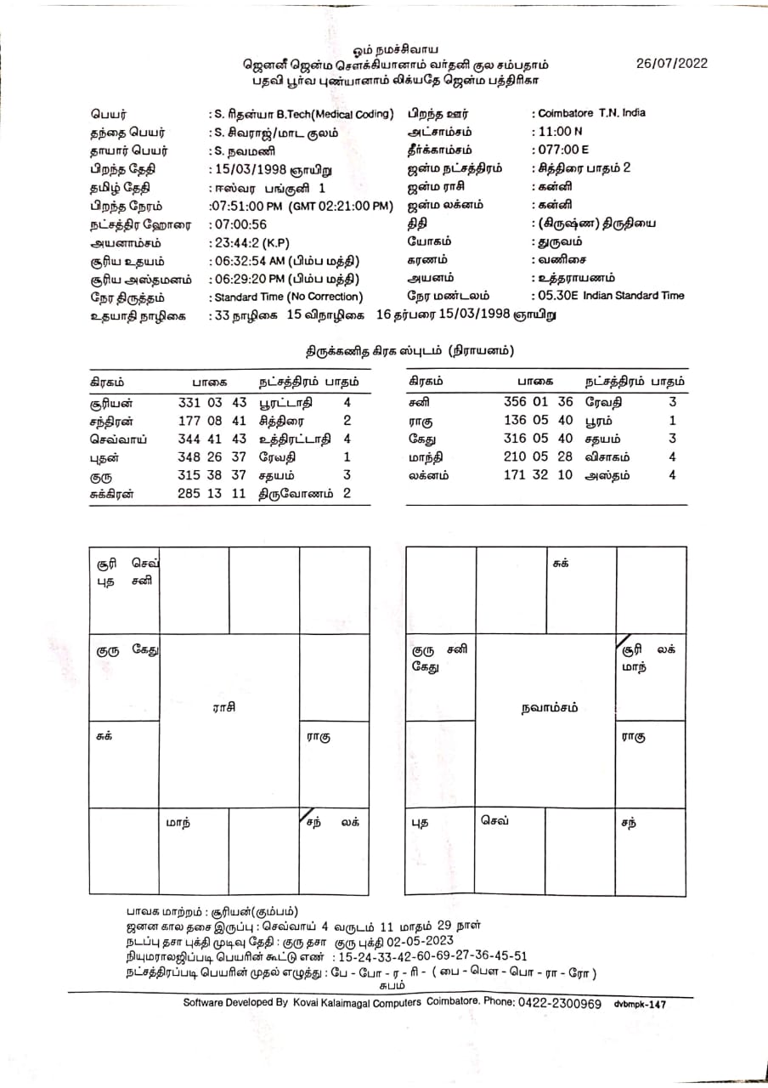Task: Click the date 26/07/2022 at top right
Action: [x=671, y=64]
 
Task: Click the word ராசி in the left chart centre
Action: [x=224, y=707]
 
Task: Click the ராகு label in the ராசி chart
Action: [x=319, y=737]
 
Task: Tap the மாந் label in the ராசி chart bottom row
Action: [x=178, y=823]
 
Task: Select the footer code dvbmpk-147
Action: [x=640, y=1004]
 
